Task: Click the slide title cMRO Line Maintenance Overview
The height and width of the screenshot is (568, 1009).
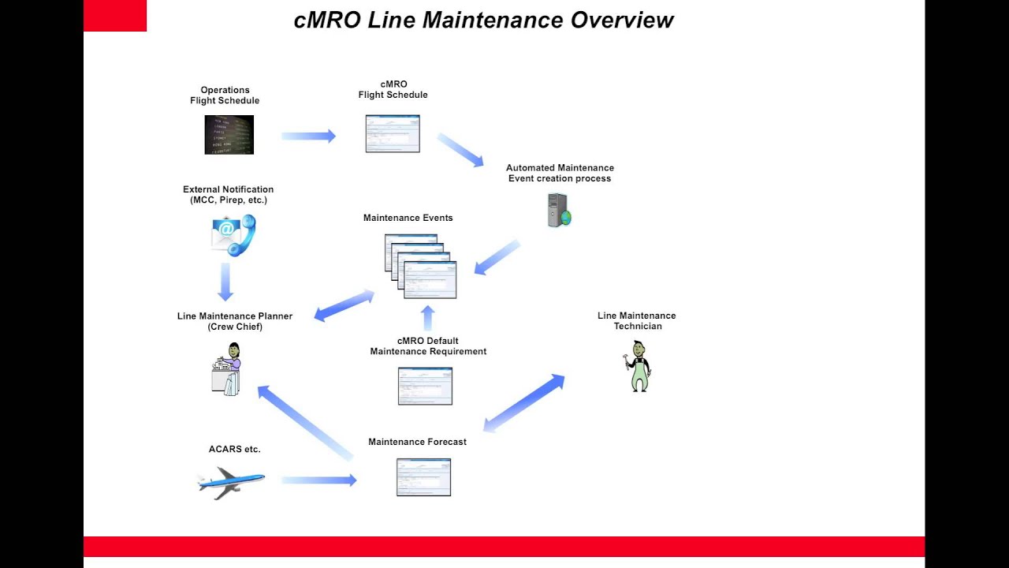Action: tap(483, 20)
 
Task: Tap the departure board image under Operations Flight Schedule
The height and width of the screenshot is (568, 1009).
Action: tap(229, 135)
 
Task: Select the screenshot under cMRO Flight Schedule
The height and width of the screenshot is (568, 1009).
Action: tap(393, 133)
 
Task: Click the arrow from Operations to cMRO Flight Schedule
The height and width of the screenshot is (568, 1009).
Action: tap(308, 136)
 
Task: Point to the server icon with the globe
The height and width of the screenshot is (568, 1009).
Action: tap(559, 211)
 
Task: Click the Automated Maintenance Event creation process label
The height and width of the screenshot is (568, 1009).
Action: tap(560, 173)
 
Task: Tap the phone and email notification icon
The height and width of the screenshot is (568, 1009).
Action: tap(233, 234)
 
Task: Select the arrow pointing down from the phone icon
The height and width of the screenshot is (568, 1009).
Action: tap(225, 282)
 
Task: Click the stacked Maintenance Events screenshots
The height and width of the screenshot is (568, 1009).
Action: tap(421, 266)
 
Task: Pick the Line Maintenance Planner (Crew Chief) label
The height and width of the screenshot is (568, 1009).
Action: tap(235, 321)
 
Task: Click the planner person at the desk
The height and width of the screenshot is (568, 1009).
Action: tap(227, 369)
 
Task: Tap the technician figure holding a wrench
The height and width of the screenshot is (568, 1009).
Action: tap(638, 366)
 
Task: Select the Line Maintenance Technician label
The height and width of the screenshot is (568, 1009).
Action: tap(637, 320)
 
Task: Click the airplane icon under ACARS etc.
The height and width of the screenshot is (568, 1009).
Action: tap(231, 482)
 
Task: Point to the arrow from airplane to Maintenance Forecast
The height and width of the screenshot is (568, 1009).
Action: tap(318, 480)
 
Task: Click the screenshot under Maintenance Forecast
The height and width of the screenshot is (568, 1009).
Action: tap(423, 477)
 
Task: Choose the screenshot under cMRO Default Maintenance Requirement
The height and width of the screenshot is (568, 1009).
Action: tap(425, 386)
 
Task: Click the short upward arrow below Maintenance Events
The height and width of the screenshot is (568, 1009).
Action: tap(428, 318)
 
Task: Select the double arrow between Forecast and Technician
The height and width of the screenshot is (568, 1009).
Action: tap(523, 403)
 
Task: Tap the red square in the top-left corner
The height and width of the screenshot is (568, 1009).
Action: tap(115, 16)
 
